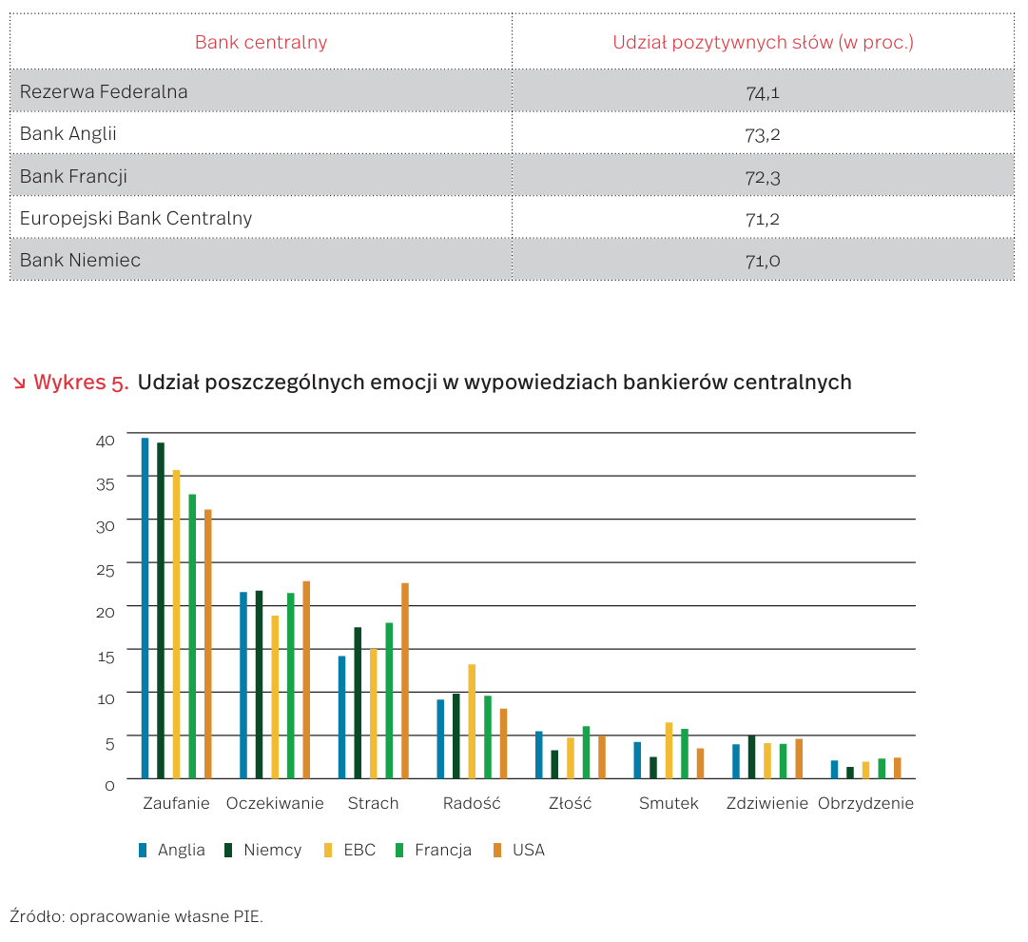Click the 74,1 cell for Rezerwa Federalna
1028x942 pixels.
point(763,92)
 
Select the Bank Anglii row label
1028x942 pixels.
point(68,134)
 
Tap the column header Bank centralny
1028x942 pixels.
point(261,42)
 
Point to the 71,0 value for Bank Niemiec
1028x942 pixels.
point(763,260)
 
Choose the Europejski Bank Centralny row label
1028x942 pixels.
point(136,218)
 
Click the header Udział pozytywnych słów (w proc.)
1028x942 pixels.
point(763,42)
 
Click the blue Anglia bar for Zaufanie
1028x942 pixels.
point(145,609)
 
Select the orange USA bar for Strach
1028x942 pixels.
point(405,681)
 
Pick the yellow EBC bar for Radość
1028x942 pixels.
point(472,721)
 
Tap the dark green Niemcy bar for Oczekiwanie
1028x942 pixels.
point(259,685)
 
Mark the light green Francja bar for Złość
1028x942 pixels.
point(586,753)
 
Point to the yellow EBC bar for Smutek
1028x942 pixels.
point(669,751)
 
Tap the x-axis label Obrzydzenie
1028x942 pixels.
point(865,803)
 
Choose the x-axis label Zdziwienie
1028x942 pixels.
point(766,803)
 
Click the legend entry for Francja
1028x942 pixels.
point(442,850)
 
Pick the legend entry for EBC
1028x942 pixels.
point(359,850)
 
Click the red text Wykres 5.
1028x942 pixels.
point(80,383)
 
